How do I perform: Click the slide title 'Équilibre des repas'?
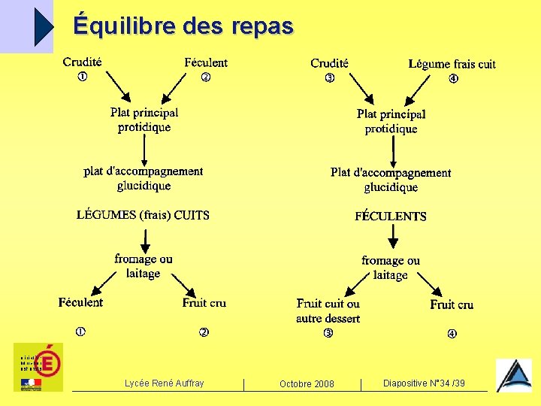(x=183, y=26)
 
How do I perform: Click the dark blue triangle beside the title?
(x=44, y=26)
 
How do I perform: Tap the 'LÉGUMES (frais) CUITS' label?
(x=143, y=215)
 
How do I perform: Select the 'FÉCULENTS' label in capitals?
(x=391, y=217)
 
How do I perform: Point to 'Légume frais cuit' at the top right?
(x=452, y=64)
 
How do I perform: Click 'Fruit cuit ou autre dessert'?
(x=328, y=311)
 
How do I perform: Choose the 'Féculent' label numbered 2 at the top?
(x=205, y=62)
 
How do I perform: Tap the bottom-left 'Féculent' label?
(x=80, y=302)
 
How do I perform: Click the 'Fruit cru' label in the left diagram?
(x=204, y=303)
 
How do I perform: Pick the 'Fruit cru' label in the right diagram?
(x=452, y=304)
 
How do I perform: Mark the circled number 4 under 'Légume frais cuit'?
(x=453, y=79)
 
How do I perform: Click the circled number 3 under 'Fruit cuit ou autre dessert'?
(x=328, y=333)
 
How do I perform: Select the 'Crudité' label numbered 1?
(x=83, y=62)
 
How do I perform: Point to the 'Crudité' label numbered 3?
(x=329, y=63)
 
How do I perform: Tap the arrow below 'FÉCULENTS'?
(x=391, y=238)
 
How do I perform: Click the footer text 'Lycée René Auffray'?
(x=164, y=383)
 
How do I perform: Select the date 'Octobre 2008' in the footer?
(x=307, y=384)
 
